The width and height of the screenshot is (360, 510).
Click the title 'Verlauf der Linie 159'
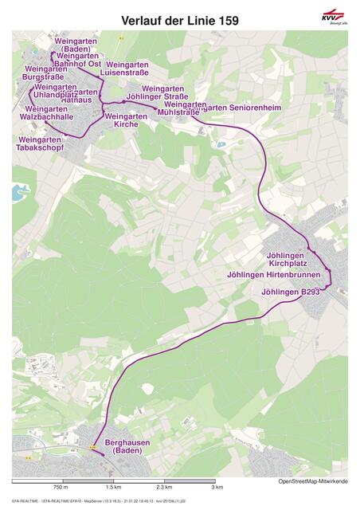tap(179, 21)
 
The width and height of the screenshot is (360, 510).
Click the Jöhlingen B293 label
tap(291, 292)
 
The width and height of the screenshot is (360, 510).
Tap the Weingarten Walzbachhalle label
tap(46, 113)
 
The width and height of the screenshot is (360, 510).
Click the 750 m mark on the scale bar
tap(61, 487)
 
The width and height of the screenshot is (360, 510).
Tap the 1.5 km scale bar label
tap(112, 487)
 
